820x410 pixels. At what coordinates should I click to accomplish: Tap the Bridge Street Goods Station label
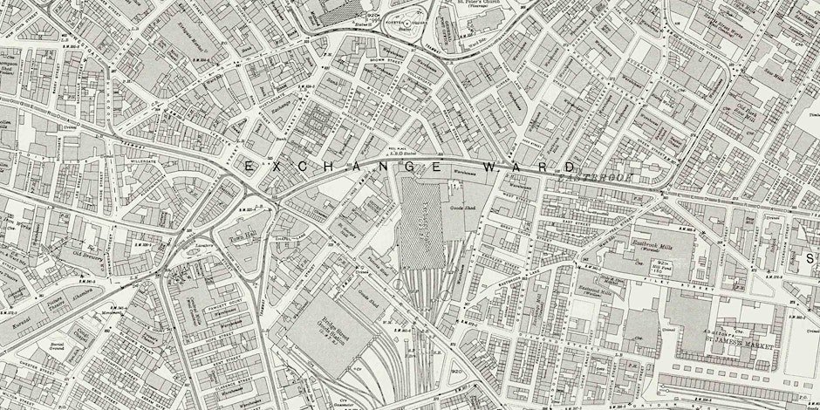point(327,325)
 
